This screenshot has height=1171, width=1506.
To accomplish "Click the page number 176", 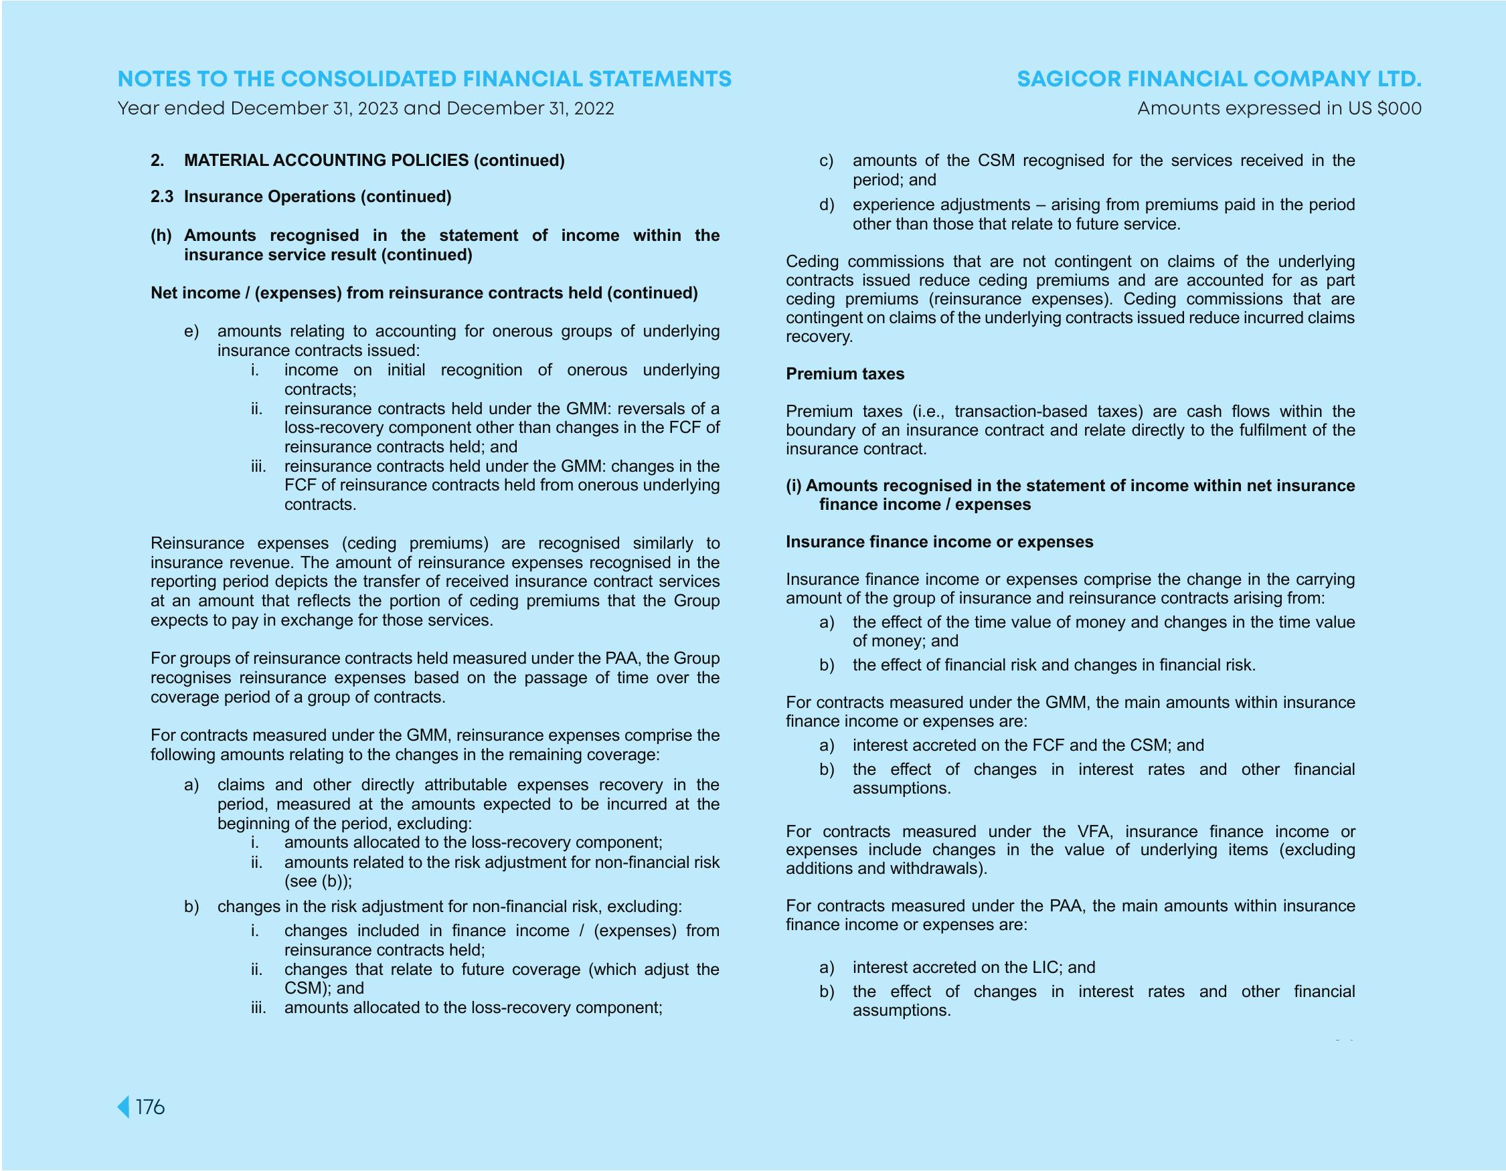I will click(150, 1107).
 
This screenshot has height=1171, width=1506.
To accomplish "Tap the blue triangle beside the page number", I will click(123, 1107).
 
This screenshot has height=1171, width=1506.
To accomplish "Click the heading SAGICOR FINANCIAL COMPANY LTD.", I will click(1218, 79).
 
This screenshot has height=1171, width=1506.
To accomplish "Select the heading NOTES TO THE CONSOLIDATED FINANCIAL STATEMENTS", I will click(424, 79).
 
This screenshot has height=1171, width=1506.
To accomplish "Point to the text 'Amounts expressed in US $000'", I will click(1278, 109).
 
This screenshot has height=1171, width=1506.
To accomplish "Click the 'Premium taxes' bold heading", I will click(845, 373).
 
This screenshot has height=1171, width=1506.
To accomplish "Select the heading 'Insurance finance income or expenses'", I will click(939, 542).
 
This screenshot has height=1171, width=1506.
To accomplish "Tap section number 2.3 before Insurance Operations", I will click(162, 197).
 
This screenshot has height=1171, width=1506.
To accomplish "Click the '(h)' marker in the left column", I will click(161, 235).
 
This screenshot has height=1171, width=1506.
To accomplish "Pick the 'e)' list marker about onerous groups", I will click(191, 331).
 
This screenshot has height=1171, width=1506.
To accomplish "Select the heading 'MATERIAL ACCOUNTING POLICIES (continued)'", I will click(373, 161).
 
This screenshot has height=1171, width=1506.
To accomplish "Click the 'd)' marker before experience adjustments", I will click(827, 205).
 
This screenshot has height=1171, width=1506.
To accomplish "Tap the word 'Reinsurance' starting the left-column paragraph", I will click(197, 543).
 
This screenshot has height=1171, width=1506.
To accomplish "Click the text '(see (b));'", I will click(318, 881).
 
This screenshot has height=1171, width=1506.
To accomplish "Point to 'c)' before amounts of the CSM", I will click(827, 161).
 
